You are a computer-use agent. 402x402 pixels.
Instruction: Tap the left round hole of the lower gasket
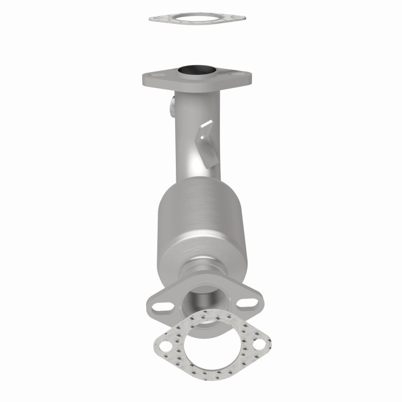(165, 346)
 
